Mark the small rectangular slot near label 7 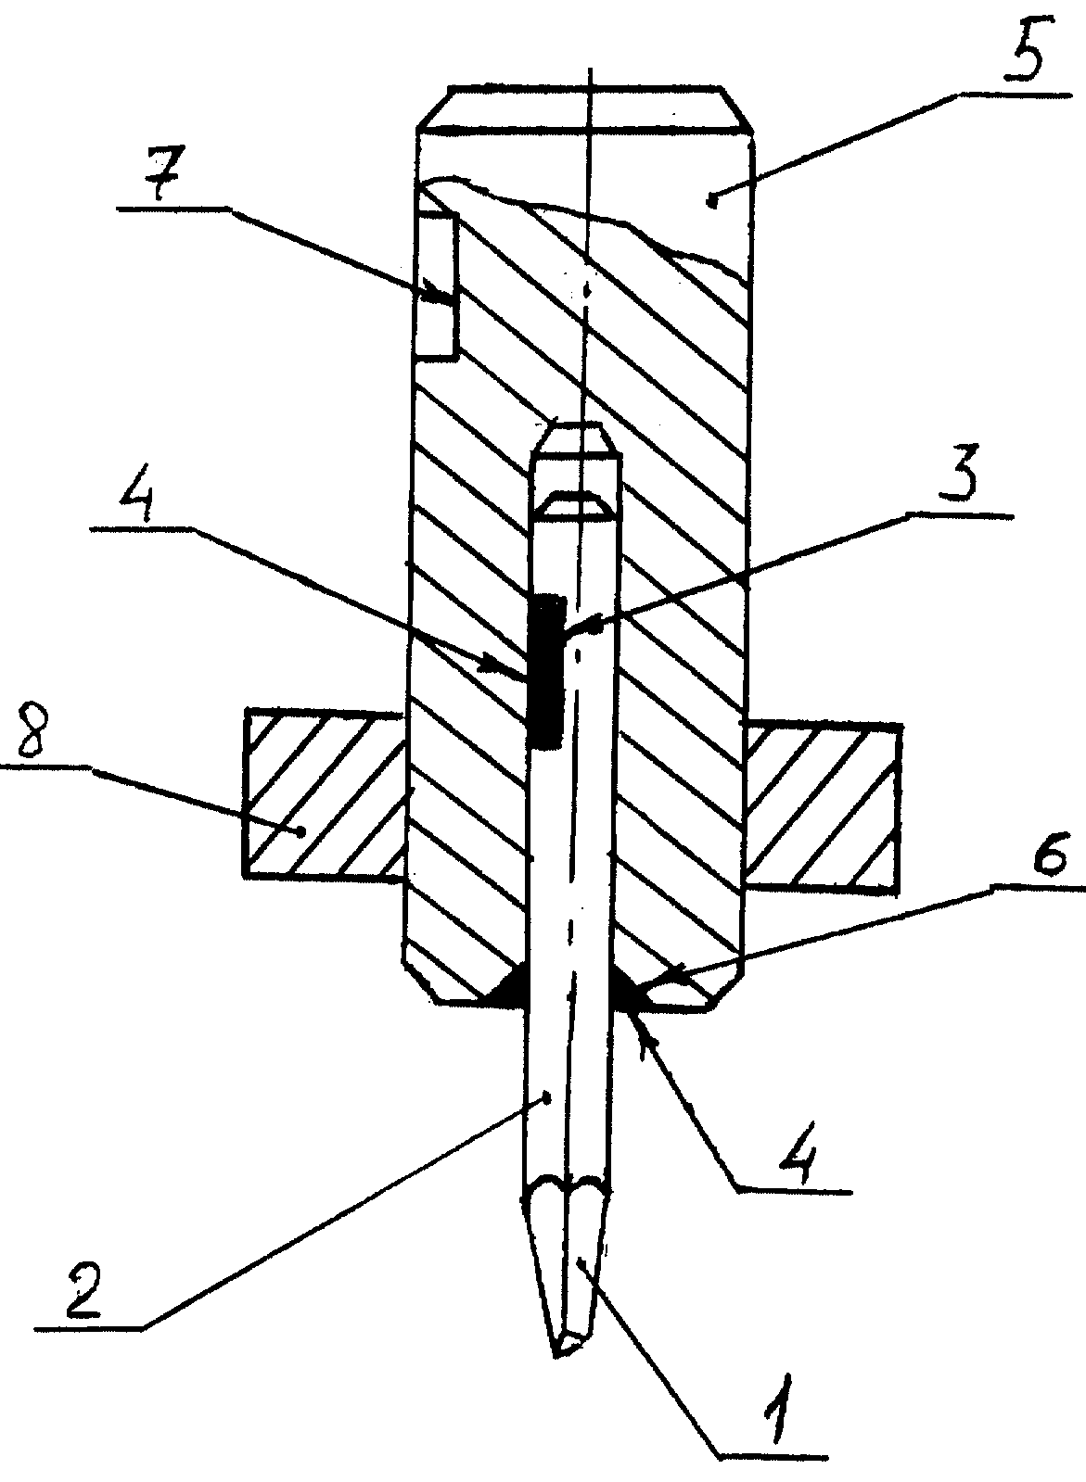click(x=437, y=285)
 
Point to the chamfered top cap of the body click(x=585, y=109)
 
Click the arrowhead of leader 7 click(x=437, y=291)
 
